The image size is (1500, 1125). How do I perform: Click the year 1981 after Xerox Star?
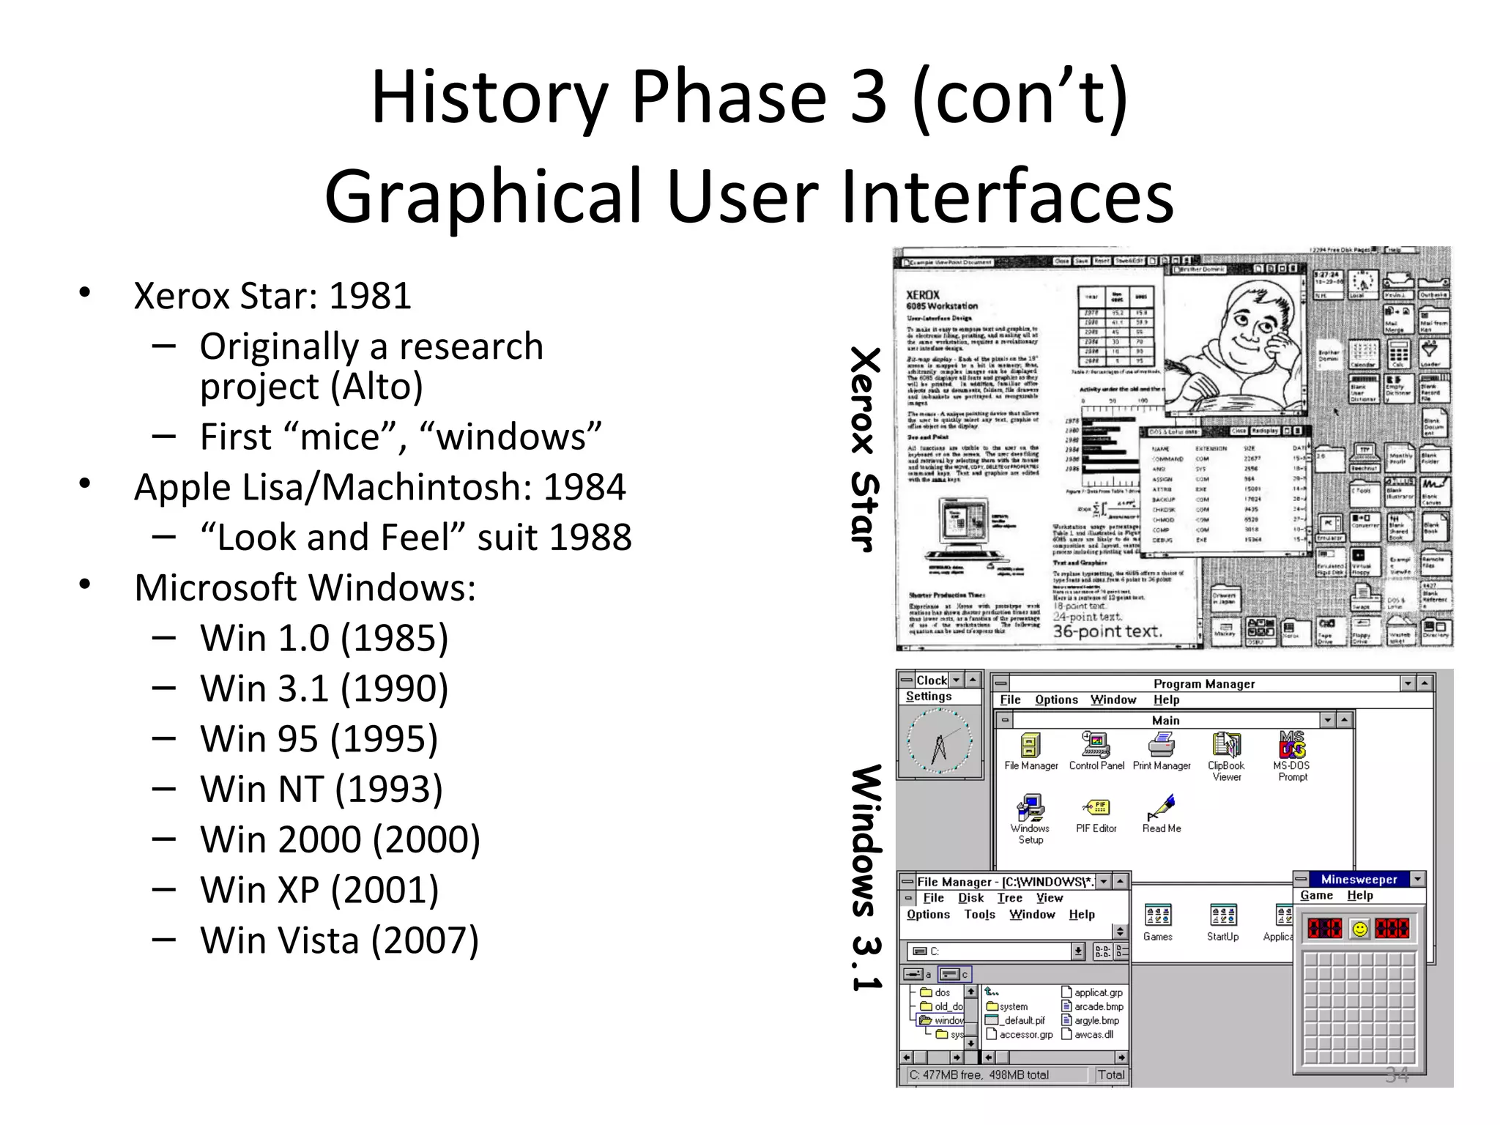point(370,296)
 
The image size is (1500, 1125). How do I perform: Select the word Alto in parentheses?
point(376,386)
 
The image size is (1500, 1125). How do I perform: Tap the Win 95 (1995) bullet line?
point(319,738)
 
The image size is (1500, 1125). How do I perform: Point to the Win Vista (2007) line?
point(339,940)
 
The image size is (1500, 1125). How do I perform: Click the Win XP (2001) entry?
point(319,890)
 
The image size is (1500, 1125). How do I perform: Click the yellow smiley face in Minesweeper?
point(1360,929)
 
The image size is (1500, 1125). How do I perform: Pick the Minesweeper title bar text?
point(1359,879)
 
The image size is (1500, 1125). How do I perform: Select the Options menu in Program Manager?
point(1056,700)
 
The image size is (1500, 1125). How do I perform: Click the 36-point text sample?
point(1107,631)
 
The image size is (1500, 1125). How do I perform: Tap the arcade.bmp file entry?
point(1098,1006)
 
